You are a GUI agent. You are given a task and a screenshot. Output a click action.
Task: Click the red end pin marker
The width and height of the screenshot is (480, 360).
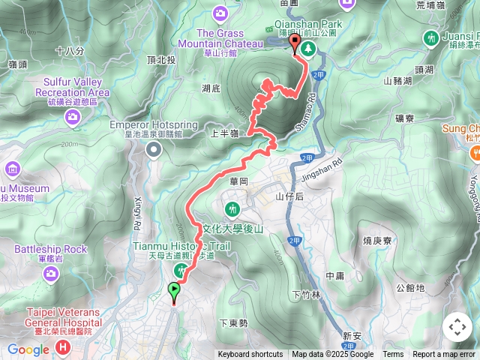click(295, 43)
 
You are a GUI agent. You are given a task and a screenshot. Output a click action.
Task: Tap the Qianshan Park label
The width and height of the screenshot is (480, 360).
click(310, 24)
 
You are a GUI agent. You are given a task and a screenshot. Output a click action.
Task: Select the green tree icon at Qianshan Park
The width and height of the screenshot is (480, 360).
click(308, 49)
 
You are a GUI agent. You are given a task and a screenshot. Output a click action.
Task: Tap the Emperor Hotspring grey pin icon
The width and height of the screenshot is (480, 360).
click(154, 150)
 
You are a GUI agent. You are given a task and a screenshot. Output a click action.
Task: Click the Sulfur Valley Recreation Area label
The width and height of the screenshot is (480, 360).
click(73, 87)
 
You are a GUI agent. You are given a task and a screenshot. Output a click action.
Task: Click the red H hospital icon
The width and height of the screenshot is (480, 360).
click(63, 347)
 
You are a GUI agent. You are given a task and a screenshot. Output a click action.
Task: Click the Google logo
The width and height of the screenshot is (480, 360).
click(28, 349)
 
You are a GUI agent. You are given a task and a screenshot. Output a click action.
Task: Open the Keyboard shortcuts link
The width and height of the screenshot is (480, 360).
click(250, 355)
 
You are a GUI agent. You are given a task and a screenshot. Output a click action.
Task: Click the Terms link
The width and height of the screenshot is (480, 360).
click(393, 355)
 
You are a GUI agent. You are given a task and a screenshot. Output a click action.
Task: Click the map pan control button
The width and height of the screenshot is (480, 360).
click(457, 327)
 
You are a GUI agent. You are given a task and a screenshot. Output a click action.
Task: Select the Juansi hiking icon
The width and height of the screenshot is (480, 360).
click(430, 37)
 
